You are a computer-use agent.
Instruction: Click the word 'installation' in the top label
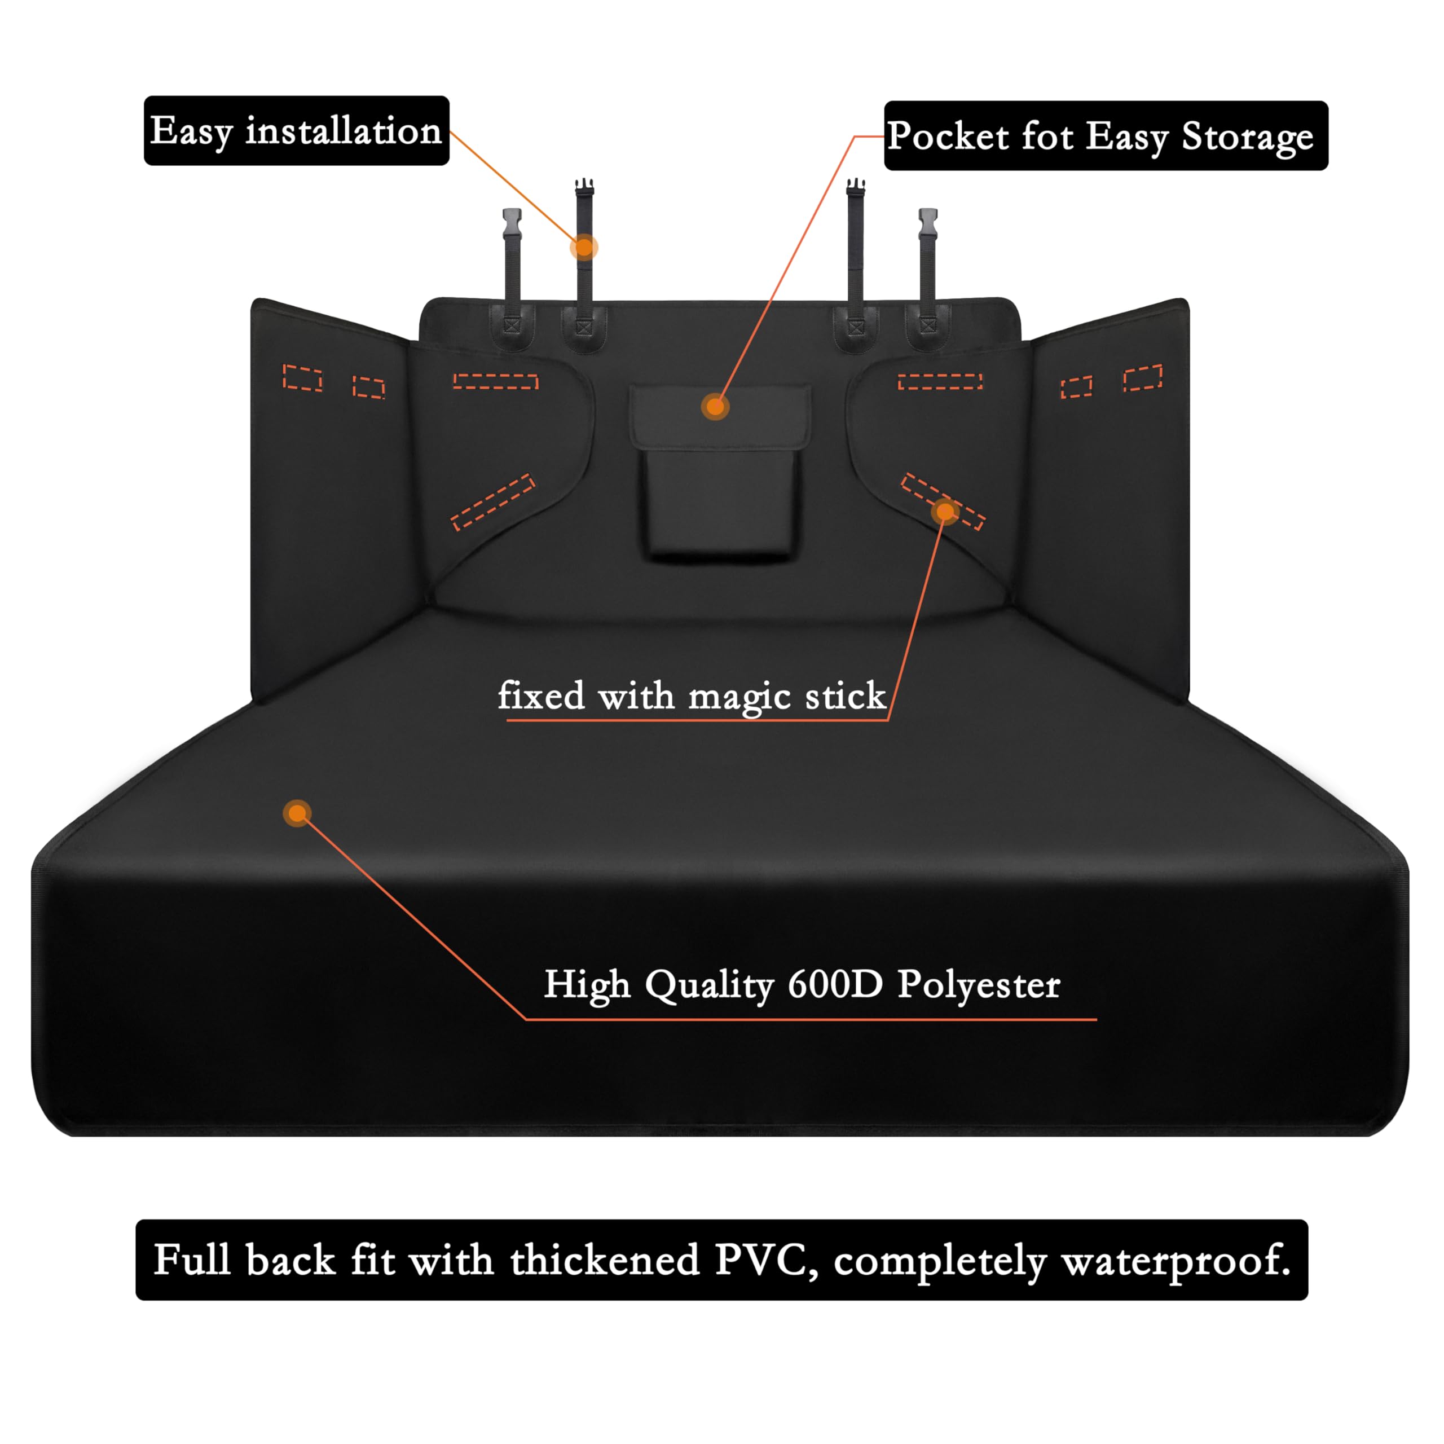344,131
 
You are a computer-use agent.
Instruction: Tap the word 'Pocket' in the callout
948,137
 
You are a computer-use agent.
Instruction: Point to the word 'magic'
739,697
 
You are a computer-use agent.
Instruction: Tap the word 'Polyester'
978,984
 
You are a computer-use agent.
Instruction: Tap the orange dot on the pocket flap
715,407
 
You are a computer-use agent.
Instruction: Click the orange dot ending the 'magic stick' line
945,511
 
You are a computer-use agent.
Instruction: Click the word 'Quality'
708,984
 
